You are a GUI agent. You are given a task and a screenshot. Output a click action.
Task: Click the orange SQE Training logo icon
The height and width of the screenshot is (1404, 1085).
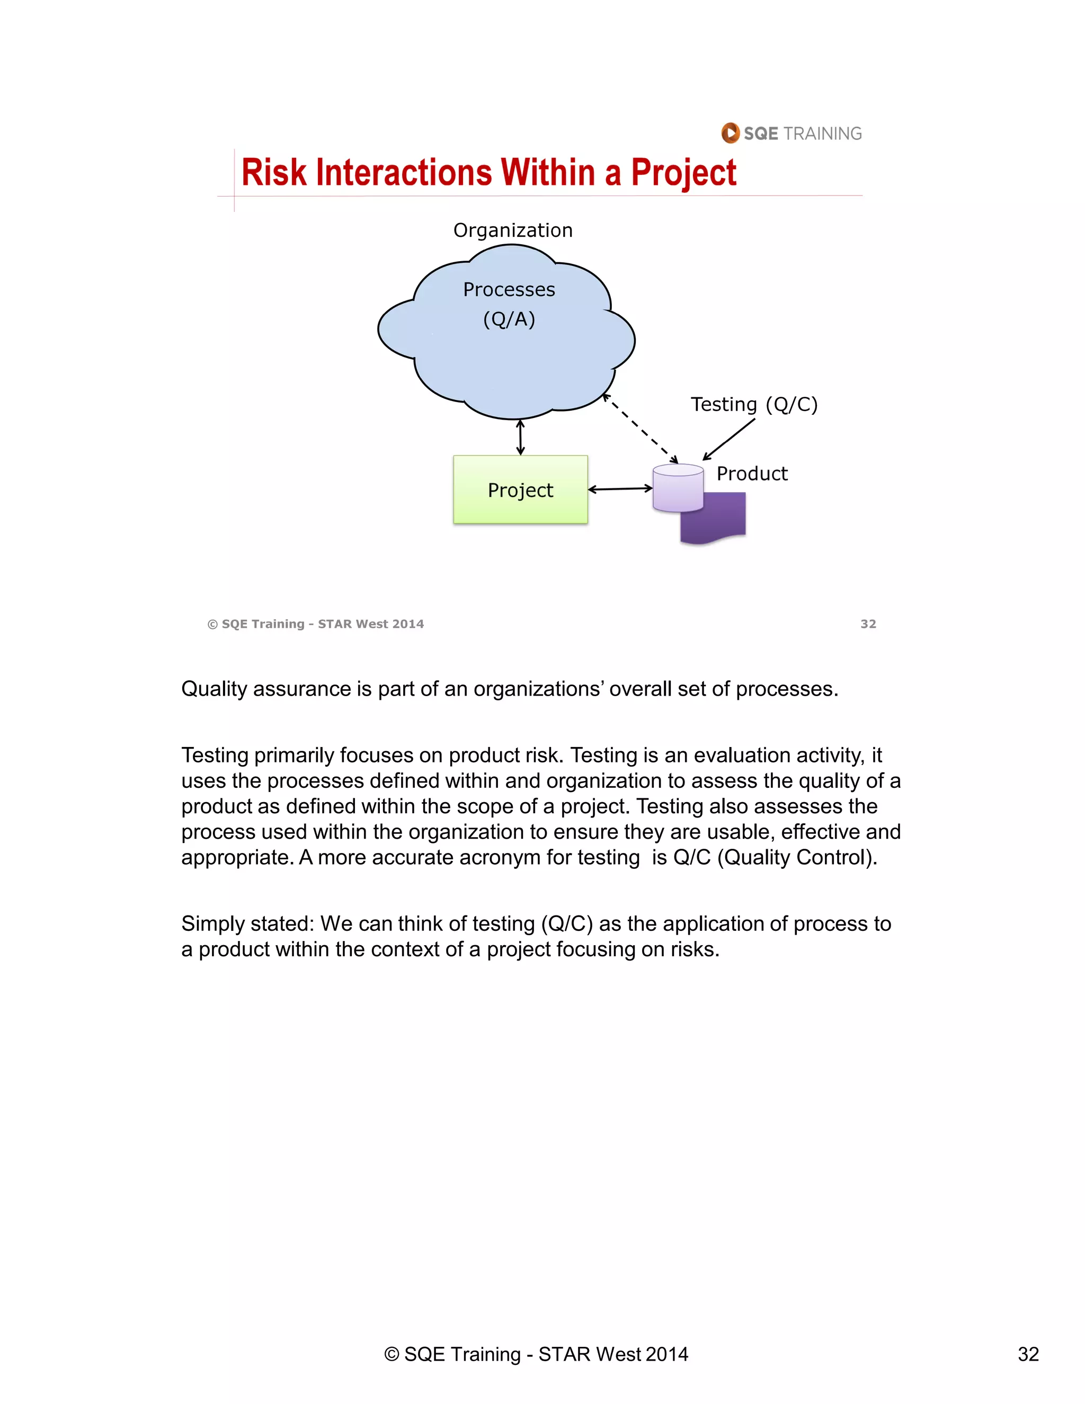coord(730,133)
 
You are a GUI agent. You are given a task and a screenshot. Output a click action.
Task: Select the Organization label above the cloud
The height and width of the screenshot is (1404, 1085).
coord(513,230)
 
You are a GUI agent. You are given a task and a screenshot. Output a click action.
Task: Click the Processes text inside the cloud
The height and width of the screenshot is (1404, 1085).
coord(509,289)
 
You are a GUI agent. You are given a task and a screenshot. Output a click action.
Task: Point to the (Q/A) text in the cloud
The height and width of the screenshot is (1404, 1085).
coord(509,319)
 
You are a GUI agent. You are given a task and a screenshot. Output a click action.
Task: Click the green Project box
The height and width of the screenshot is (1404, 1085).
coord(520,490)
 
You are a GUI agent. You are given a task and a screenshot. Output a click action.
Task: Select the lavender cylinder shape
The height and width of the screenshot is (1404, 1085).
coord(678,488)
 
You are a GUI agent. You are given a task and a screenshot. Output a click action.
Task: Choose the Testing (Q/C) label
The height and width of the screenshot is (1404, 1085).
coord(754,404)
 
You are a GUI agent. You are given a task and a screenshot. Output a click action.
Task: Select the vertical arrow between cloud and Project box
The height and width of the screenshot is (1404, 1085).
coord(520,437)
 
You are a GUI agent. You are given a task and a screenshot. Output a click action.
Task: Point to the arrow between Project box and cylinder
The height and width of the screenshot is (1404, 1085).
coord(620,489)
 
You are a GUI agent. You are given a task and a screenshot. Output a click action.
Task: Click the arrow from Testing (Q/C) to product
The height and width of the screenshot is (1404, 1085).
coord(730,439)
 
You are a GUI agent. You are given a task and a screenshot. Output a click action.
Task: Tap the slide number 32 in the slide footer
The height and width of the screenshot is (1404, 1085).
coord(868,624)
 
